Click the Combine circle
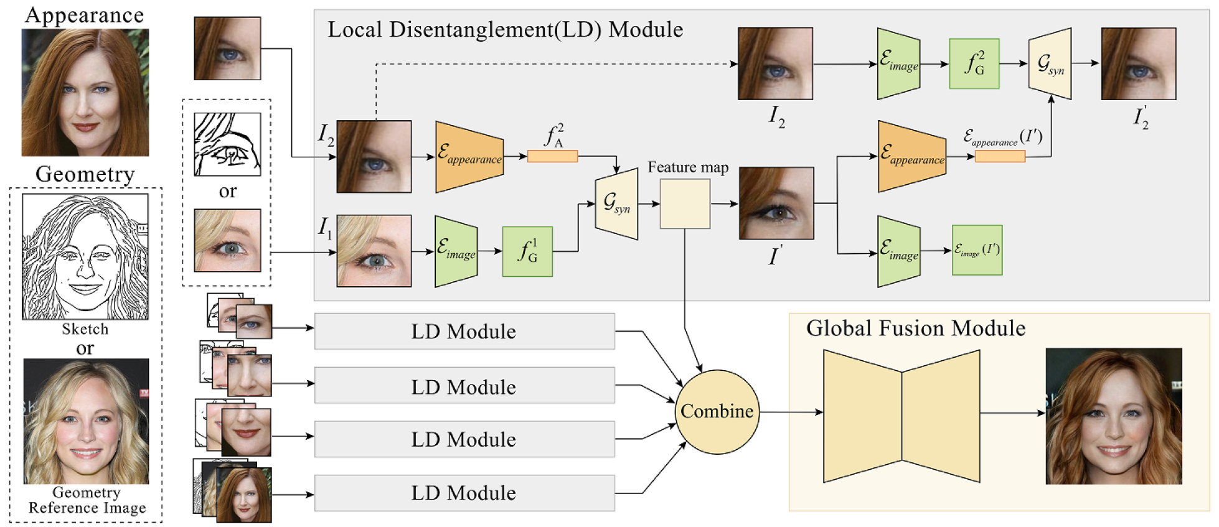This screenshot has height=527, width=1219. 717,411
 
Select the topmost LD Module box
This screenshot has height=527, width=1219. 464,331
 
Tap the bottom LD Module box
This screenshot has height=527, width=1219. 464,493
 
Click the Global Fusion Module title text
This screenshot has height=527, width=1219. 915,328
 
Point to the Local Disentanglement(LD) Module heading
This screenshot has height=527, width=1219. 505,29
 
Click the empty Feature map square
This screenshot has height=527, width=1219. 685,203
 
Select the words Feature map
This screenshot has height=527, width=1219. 687,167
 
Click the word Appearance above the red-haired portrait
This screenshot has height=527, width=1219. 84,15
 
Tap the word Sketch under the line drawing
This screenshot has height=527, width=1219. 85,329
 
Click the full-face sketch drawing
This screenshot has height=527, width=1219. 85,256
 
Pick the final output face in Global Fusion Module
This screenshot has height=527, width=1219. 1113,416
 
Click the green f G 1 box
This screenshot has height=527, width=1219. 527,251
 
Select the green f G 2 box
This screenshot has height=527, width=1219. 974,63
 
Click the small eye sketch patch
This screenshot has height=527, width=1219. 227,144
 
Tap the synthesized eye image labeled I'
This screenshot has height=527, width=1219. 776,203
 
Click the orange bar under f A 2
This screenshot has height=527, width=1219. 552,156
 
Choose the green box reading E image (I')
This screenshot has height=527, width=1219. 977,250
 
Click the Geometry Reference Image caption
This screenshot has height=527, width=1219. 87,500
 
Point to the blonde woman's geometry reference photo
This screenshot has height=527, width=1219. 86,421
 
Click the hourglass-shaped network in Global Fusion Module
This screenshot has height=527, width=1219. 901,416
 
